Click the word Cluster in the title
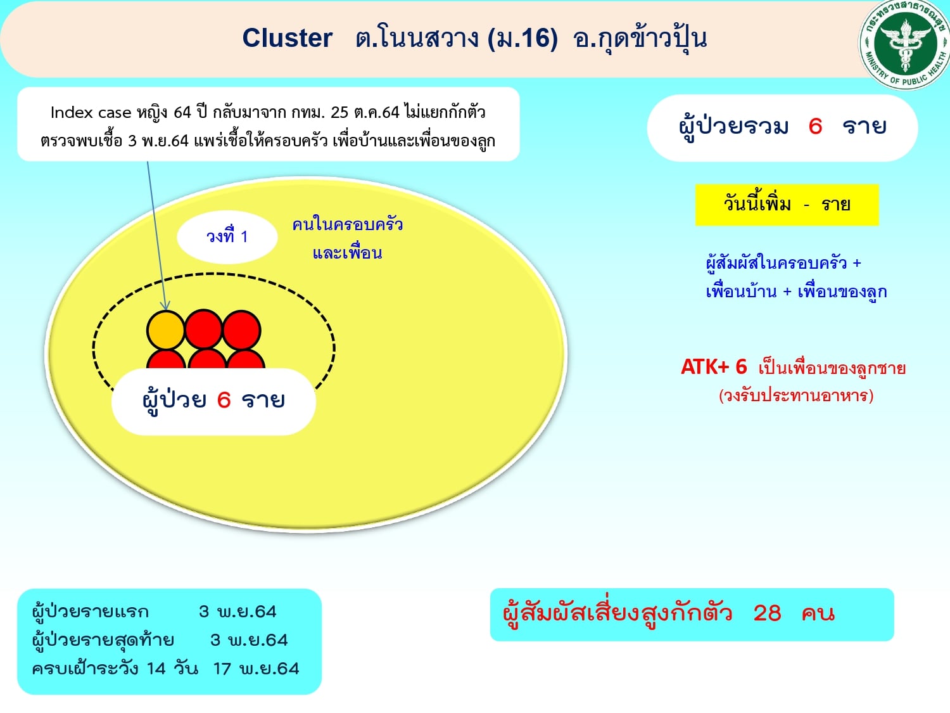pos(288,38)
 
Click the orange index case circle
pos(166,330)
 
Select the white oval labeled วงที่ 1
pos(227,237)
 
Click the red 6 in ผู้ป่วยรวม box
pos(815,126)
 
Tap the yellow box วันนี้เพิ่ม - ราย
pos(787,205)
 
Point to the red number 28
pos(767,613)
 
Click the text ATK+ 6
pos(714,367)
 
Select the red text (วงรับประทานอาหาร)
pos(796,395)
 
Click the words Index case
pos(91,113)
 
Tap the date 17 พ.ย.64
pos(256,669)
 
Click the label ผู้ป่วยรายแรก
pos(91,612)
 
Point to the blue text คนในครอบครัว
pos(348,224)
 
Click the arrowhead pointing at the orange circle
pos(166,306)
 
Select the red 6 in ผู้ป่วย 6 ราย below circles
pos(224,399)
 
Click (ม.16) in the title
pos(523,38)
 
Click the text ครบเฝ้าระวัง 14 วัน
pos(115,669)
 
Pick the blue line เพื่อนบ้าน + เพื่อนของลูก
pos(796,292)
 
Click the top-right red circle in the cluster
pos(241,330)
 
